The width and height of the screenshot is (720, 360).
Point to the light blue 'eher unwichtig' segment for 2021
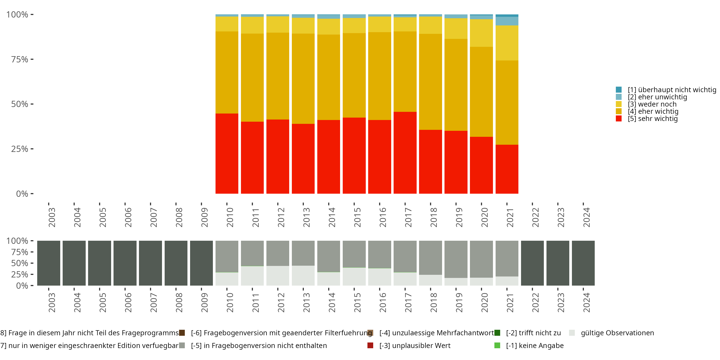point(507,21)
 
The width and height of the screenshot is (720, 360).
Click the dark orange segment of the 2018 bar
point(430,82)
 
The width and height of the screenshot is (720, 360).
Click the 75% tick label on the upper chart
point(20,59)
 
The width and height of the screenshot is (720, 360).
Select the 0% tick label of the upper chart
point(22,194)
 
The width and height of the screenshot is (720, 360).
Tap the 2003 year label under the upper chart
point(52,217)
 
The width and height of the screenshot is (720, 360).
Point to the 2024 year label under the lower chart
point(586,302)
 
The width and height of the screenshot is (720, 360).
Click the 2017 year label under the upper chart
point(408,217)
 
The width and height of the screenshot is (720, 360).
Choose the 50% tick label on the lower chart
point(20,263)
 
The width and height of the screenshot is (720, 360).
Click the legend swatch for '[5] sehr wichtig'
point(618,119)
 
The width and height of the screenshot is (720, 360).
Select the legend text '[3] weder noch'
point(652,104)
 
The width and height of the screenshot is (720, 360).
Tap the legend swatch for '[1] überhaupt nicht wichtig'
point(618,90)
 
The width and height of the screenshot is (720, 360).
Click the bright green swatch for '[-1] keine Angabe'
point(497,345)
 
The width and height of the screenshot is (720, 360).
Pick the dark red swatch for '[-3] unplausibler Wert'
point(370,345)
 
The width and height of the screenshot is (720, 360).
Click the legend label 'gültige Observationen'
point(617,333)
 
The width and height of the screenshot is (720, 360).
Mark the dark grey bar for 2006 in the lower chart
point(125,263)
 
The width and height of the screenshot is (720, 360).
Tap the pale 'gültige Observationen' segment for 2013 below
point(303,275)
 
